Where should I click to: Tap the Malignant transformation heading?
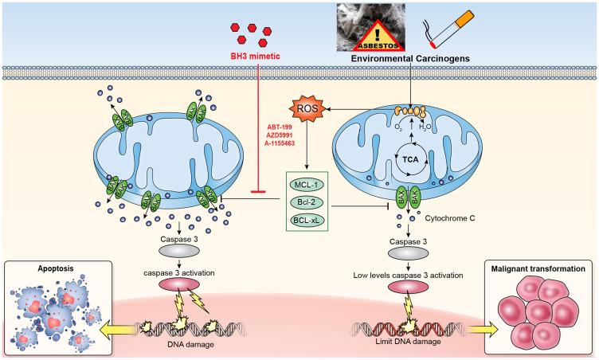pyautogui.click(x=538, y=269)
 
